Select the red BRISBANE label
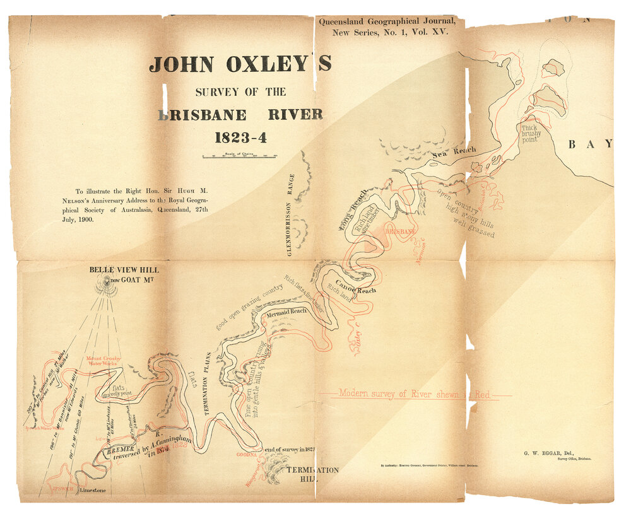[399, 232]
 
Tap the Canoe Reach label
[355, 287]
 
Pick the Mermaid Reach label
[286, 312]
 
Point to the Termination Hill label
[313, 474]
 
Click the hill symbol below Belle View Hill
[107, 285]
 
